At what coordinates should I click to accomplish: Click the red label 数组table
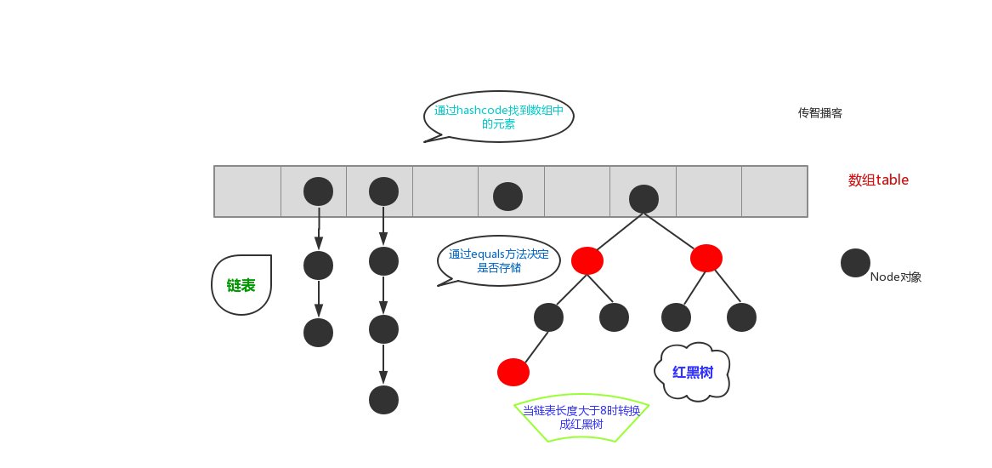coord(878,180)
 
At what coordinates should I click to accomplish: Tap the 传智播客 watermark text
coord(819,113)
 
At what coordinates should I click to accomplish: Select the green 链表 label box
coord(241,286)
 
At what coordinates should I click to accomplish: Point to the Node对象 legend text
coord(896,277)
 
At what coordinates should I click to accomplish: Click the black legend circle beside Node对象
coord(855,263)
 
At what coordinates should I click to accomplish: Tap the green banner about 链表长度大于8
coord(581,418)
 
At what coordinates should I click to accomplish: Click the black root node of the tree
coord(643,199)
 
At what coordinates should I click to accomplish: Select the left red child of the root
coord(587,260)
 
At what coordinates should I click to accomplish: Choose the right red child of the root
coord(706,257)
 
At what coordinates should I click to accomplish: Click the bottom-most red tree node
coord(513,372)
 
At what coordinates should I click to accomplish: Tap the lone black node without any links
coord(507,197)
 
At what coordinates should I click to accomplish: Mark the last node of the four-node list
coord(383,399)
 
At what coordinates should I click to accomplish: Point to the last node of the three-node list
coord(318,332)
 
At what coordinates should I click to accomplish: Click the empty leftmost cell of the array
coord(247,191)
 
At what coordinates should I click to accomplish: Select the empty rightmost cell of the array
coord(774,191)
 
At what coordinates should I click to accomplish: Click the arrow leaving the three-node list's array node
coord(318,227)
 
